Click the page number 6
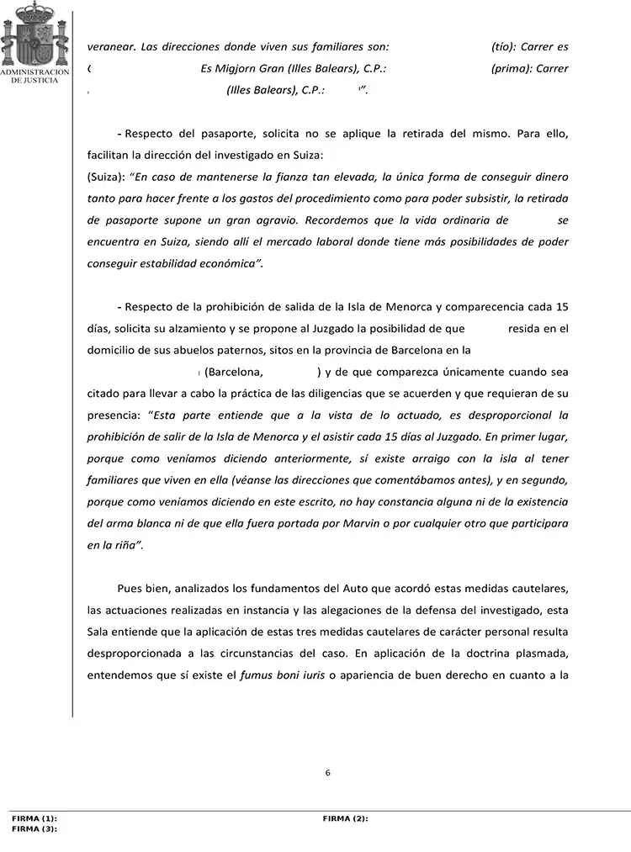[x=327, y=773]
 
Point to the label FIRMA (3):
[x=34, y=828]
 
